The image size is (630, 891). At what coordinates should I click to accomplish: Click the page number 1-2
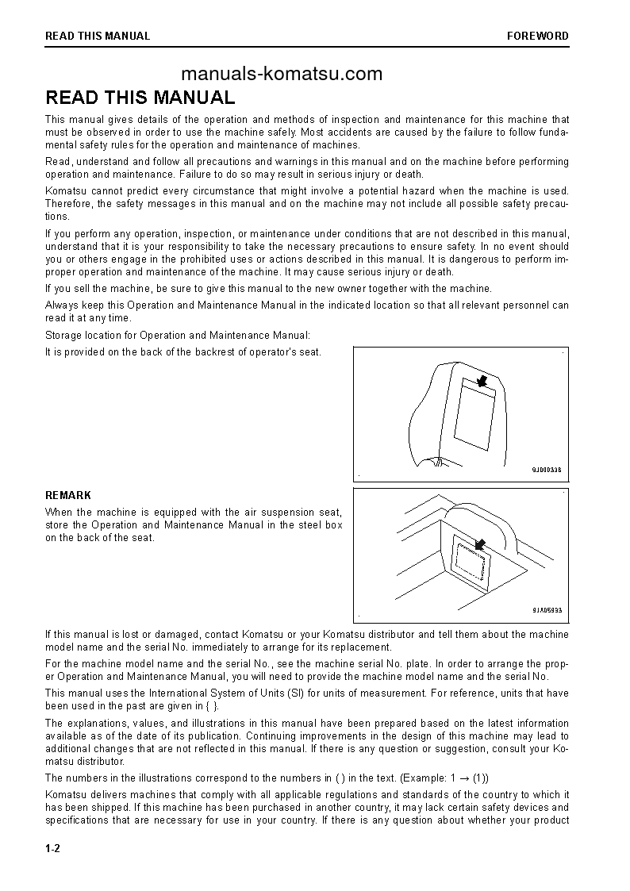[53, 847]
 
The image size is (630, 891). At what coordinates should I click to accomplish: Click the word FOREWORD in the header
[537, 36]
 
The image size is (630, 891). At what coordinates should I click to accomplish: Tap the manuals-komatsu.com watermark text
[282, 75]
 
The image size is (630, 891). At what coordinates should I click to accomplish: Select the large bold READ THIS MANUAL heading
[140, 98]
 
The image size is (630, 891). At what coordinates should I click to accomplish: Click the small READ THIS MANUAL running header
[98, 36]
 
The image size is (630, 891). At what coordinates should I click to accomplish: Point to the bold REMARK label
[67, 495]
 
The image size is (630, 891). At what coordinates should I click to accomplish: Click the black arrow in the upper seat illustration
[482, 382]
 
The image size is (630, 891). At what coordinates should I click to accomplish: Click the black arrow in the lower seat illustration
[479, 545]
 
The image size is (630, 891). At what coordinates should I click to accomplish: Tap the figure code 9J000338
[546, 470]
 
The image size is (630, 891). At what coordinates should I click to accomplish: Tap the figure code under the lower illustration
[546, 610]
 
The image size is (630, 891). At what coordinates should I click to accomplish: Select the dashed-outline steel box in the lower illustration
[471, 562]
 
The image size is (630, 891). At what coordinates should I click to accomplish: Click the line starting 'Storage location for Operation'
[178, 336]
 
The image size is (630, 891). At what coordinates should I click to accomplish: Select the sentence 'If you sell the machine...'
[268, 288]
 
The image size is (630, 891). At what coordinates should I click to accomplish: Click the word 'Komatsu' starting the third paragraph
[67, 191]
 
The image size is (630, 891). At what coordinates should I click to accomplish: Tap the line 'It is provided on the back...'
[183, 351]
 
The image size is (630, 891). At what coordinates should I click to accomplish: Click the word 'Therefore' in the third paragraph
[69, 203]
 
